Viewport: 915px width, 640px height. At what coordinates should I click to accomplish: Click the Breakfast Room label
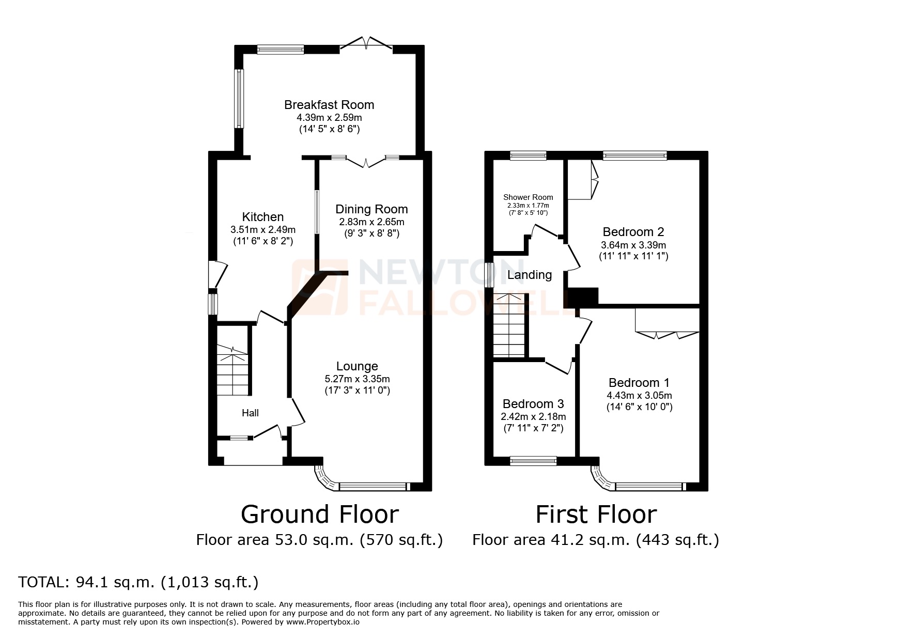[x=329, y=105]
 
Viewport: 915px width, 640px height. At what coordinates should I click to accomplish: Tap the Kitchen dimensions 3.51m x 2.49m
[x=263, y=229]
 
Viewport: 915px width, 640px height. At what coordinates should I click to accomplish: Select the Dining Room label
[x=371, y=209]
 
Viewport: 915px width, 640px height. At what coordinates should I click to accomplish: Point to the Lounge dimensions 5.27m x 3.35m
[x=357, y=379]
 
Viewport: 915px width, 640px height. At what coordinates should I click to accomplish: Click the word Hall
[x=250, y=413]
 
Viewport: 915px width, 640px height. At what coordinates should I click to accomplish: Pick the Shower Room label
[x=528, y=197]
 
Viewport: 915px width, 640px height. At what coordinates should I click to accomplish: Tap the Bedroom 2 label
[x=633, y=232]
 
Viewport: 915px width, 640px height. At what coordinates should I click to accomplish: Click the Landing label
[x=529, y=275]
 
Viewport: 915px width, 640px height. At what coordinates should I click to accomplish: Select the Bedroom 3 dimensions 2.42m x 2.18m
[x=533, y=416]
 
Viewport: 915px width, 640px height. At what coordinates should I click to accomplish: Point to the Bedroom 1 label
[x=639, y=383]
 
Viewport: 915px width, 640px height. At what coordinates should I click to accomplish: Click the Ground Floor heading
[x=320, y=514]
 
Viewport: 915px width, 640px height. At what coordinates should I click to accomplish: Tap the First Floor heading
[x=596, y=514]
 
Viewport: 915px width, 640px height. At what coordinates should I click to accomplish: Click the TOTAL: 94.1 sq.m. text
[x=138, y=582]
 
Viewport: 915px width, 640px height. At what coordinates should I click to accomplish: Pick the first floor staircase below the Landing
[x=509, y=325]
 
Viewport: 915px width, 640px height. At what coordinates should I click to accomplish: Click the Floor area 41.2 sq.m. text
[x=595, y=540]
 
